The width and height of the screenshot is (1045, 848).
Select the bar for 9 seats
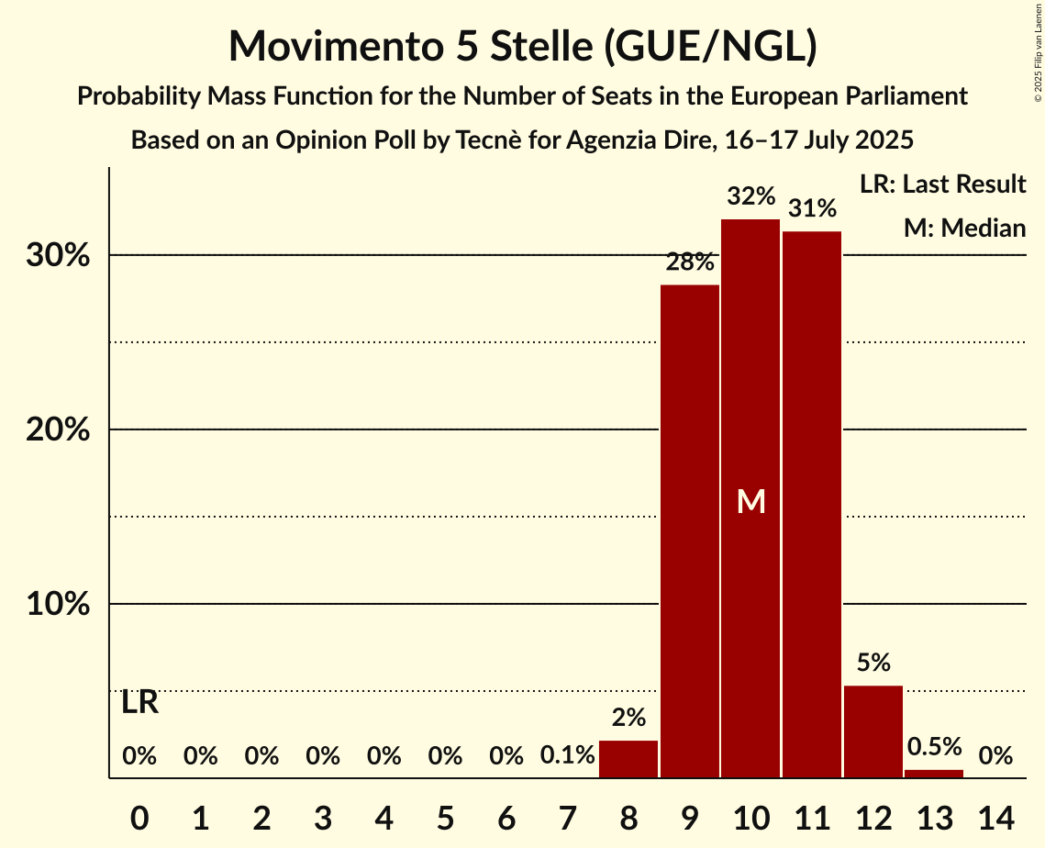pos(690,531)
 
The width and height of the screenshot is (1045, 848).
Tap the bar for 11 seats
pos(812,505)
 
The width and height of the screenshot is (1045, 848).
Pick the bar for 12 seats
pos(873,731)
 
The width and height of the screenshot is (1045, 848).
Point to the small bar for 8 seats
pos(628,759)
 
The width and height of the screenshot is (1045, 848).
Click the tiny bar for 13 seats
pos(934,774)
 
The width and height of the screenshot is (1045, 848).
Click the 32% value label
pos(750,196)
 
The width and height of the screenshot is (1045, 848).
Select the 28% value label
pos(690,262)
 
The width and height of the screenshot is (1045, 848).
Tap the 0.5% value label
pos(934,747)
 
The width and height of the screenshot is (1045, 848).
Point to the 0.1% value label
pos(568,756)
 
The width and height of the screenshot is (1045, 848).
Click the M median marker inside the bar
pos(750,501)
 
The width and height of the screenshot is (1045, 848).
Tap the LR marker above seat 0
pos(139,703)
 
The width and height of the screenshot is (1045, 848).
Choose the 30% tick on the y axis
pos(58,255)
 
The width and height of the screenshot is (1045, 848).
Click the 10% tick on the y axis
pos(58,605)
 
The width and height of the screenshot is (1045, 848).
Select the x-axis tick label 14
pos(995,815)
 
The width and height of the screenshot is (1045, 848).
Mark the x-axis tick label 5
pos(445,815)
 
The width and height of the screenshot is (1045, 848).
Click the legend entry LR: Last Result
pos(942,184)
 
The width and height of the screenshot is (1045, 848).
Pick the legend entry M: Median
pos(964,228)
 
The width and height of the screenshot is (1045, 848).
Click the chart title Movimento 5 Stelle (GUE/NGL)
pos(522,46)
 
